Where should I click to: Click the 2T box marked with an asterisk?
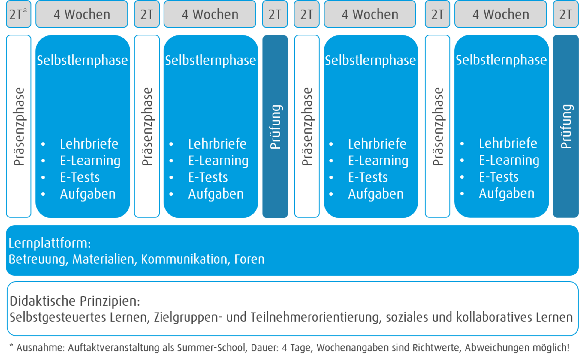(19, 14)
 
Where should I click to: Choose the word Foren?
(249, 259)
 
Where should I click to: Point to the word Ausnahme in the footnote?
(40, 348)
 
